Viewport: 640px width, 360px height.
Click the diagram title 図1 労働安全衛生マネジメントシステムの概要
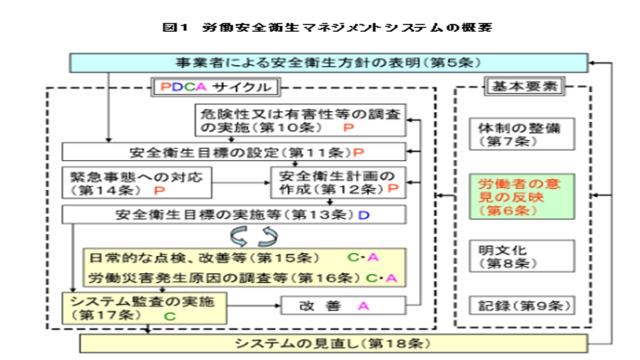327,27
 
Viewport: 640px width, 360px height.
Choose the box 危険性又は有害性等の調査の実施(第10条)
300,119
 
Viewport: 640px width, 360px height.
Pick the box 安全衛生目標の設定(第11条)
234,151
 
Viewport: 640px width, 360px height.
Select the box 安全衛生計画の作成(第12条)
337,183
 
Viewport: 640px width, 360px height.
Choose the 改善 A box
343,305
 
